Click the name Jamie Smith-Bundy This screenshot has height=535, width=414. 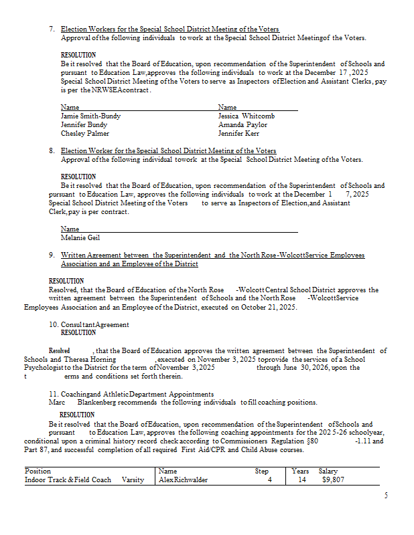tap(90, 116)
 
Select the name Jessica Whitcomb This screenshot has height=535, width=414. tap(246, 116)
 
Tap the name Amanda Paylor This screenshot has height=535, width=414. tap(243, 124)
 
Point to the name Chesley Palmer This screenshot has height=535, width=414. tap(85, 133)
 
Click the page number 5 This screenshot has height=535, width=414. tap(386, 495)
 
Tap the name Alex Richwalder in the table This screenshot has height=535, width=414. tap(184, 479)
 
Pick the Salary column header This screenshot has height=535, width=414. tap(328, 471)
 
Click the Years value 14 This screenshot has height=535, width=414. tap(302, 479)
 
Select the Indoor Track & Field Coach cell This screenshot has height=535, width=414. tap(68, 479)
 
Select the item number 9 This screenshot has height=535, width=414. tap(52, 255)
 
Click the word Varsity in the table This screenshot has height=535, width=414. tap(133, 479)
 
